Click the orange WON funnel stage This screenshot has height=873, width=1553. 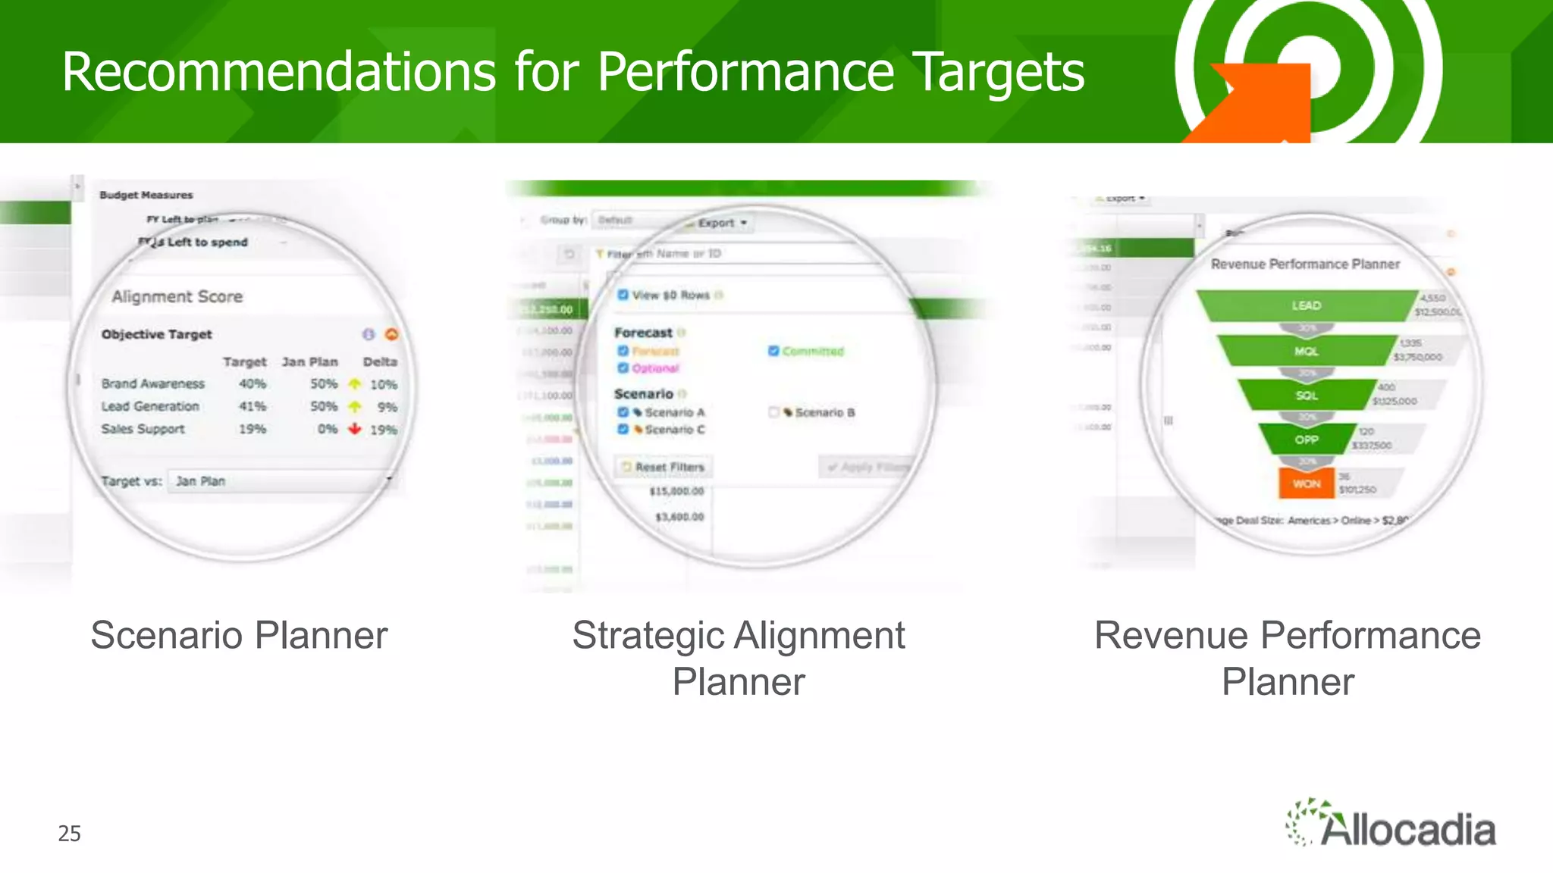(1306, 483)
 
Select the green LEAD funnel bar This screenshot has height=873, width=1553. (1306, 305)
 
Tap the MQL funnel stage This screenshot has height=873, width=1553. (1306, 351)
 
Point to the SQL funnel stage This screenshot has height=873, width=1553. (1306, 396)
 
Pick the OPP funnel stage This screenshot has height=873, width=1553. (1306, 440)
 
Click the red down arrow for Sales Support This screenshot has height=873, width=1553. (354, 429)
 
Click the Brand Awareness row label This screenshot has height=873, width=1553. (153, 384)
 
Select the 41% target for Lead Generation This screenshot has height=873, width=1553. (253, 407)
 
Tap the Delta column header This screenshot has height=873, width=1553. (380, 362)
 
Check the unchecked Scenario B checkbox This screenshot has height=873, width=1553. (773, 412)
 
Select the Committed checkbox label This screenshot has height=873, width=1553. (813, 351)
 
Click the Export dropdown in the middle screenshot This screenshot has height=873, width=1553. (722, 223)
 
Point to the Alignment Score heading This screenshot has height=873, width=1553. (177, 296)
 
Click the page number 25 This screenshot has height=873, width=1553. (69, 834)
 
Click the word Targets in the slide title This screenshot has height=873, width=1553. (1001, 72)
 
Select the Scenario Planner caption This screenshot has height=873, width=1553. (239, 635)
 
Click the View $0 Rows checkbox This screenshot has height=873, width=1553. (623, 295)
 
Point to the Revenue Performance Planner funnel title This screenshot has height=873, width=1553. (1305, 264)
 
